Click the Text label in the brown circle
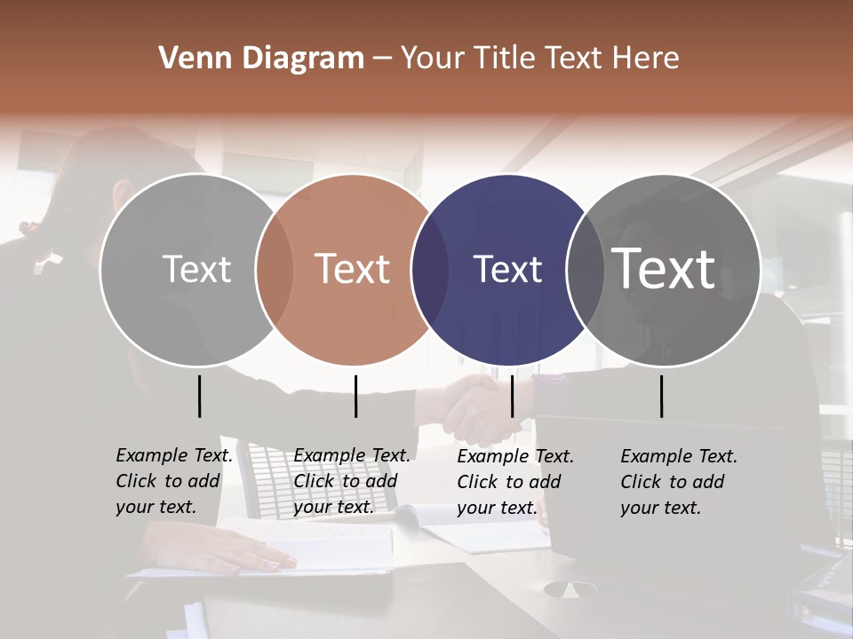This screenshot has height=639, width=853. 353,269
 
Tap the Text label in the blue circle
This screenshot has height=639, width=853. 507,269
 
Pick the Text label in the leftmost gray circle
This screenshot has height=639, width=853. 196,269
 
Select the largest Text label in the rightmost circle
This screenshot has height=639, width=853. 664,268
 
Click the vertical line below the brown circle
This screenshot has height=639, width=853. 355,396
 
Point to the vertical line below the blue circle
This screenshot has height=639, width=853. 512,396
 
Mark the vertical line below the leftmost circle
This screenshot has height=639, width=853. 199,396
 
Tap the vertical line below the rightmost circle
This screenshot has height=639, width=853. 661,396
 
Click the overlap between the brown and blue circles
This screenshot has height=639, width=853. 430,269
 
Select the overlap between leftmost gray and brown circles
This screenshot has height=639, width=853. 275,269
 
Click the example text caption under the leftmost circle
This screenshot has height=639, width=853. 173,481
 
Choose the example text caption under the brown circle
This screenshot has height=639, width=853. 351,481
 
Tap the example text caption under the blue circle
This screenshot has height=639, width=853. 514,481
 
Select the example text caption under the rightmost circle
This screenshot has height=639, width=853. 678,481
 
